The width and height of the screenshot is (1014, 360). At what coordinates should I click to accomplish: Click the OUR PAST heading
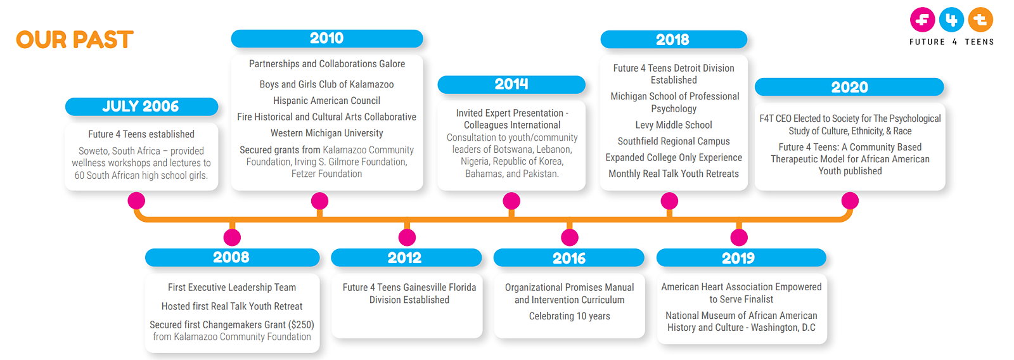pos(75,39)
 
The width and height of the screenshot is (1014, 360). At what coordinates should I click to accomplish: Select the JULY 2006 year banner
pos(142,106)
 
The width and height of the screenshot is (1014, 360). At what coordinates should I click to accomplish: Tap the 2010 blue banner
pos(327,39)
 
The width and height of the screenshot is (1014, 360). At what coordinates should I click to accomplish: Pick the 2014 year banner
pos(511,85)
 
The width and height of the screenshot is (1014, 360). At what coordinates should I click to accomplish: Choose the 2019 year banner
pos(741,258)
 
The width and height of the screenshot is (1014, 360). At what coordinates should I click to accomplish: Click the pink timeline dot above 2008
pos(232,237)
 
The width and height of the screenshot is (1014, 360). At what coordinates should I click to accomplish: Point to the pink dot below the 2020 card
pos(850,201)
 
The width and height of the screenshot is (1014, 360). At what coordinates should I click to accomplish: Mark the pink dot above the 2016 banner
pos(570,237)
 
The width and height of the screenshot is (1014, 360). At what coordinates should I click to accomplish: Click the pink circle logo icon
pos(922,20)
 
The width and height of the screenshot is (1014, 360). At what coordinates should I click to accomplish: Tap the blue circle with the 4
pos(951,20)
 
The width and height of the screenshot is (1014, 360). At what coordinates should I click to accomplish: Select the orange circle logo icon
pos(980,20)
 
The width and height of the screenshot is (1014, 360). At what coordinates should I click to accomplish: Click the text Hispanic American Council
pos(327,101)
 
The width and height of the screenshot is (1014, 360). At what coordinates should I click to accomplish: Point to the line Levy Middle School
pos(674,125)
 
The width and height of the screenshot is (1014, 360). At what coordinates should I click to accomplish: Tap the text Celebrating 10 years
pos(570,316)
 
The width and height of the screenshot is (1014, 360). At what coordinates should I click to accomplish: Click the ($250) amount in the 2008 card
pos(301,325)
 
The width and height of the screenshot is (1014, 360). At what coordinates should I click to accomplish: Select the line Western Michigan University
pos(327,133)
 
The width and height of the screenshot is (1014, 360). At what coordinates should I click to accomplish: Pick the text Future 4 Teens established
pos(141,134)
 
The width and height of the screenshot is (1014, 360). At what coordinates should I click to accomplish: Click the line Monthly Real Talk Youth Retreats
pos(674,174)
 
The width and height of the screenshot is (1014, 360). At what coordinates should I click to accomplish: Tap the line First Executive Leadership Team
pos(232,288)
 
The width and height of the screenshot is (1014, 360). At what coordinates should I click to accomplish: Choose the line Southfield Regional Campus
pos(674,141)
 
